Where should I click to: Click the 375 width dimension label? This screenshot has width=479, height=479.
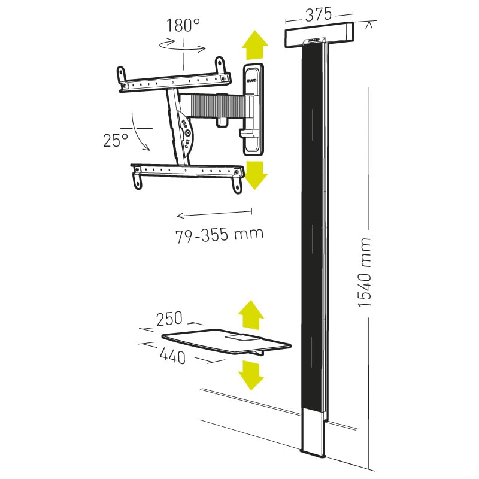319,16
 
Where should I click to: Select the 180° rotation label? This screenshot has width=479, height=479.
183,26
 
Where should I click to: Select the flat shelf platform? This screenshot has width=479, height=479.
228,342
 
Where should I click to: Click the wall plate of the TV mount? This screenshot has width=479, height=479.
253,106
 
